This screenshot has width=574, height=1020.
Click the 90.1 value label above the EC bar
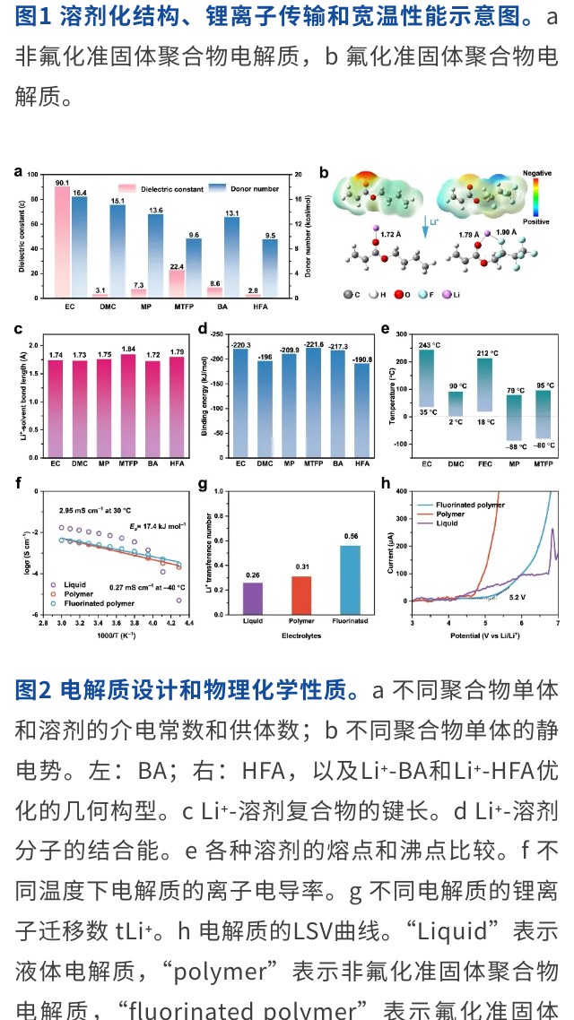coord(62,183)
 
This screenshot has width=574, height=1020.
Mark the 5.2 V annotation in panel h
coord(517,596)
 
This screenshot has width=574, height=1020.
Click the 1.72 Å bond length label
coord(391,234)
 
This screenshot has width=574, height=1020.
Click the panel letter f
coord(19,483)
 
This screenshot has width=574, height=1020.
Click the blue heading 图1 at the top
coord(33,18)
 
